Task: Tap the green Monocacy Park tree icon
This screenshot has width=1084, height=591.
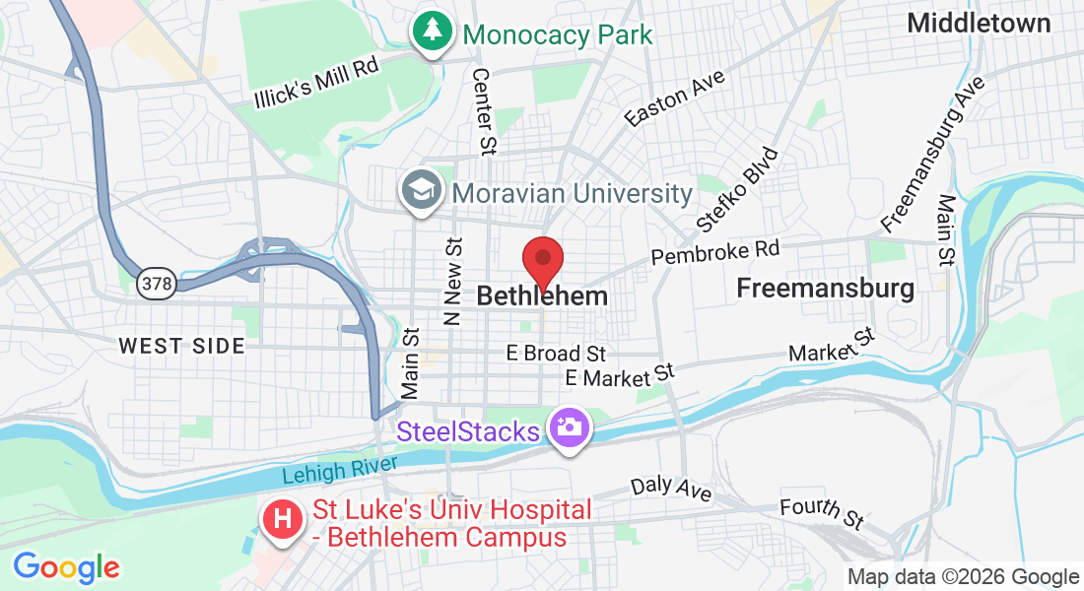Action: tap(432, 32)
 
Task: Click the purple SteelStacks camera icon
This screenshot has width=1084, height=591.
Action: tap(569, 429)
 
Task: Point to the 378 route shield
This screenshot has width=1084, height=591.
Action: tap(157, 284)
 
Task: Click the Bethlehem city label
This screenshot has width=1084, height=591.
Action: tap(541, 295)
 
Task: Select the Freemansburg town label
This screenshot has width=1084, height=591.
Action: tap(826, 289)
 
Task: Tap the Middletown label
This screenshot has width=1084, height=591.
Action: tap(979, 23)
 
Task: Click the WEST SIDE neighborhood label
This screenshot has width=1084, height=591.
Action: tap(181, 346)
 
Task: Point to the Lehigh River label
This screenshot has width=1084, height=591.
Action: tap(339, 470)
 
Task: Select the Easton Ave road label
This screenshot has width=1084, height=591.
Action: tap(675, 98)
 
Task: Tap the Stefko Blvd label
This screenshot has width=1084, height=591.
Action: tap(737, 190)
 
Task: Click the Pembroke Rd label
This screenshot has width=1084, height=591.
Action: tap(714, 253)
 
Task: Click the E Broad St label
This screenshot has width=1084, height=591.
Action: tap(556, 353)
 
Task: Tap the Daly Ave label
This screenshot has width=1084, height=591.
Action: tap(671, 488)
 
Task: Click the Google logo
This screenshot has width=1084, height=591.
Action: tap(66, 567)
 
